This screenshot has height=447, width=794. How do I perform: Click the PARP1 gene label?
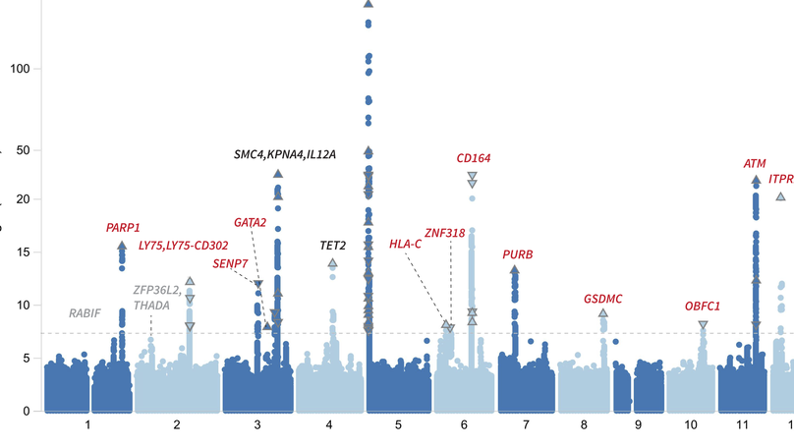(x=123, y=228)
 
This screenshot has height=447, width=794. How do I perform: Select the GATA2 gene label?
(x=251, y=222)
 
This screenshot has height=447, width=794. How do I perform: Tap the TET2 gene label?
(x=332, y=246)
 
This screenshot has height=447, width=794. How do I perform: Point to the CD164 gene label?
(x=474, y=157)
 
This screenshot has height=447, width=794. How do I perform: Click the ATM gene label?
(x=755, y=164)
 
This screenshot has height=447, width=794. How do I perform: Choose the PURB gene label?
(x=518, y=254)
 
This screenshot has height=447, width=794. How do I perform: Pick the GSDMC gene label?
(x=602, y=299)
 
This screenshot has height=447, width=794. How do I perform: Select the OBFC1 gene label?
(x=703, y=307)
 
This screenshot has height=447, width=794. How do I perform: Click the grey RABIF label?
(x=85, y=313)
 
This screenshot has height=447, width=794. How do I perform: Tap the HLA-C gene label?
(x=405, y=244)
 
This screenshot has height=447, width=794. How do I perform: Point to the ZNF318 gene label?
(x=445, y=233)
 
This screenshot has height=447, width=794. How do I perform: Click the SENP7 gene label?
(x=230, y=263)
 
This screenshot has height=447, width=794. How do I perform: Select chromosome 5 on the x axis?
(x=398, y=424)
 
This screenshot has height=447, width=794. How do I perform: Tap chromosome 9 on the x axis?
(x=638, y=424)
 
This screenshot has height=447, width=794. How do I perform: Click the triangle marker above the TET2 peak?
(x=332, y=263)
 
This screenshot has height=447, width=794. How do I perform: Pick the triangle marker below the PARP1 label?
(x=122, y=246)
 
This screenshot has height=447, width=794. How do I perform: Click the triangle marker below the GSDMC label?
(x=603, y=313)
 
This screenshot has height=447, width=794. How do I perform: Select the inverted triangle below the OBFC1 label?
(x=703, y=325)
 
